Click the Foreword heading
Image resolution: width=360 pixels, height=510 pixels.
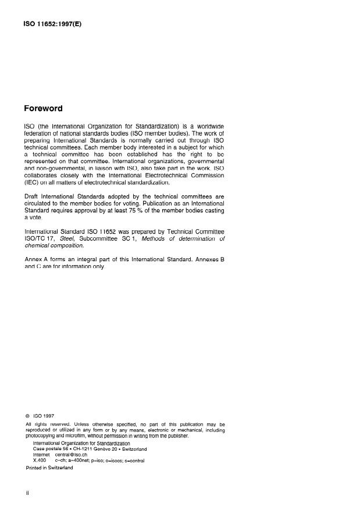43,108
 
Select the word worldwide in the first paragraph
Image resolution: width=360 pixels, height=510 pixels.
208,127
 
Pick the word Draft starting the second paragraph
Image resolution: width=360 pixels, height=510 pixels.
33,197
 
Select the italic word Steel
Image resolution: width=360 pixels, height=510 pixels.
68,238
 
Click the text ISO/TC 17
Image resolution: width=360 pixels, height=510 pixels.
40,238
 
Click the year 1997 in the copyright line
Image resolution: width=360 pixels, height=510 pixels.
48,416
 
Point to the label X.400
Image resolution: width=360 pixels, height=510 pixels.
40,460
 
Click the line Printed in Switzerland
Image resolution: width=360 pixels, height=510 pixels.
49,468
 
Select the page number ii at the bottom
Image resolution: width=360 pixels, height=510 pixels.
27,493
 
